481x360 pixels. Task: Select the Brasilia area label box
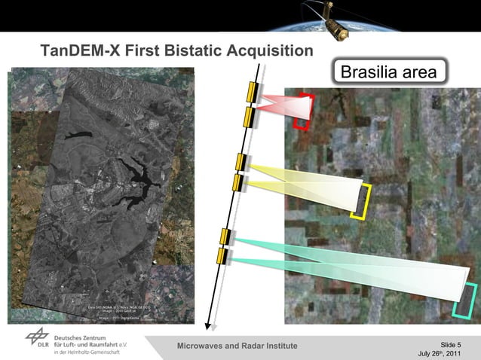(388, 72)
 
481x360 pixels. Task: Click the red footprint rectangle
(303, 111)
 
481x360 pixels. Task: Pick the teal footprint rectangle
(467, 301)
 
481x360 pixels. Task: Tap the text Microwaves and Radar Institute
(237, 346)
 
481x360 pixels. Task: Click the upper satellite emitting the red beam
(251, 90)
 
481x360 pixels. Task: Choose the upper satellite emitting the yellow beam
(240, 162)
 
